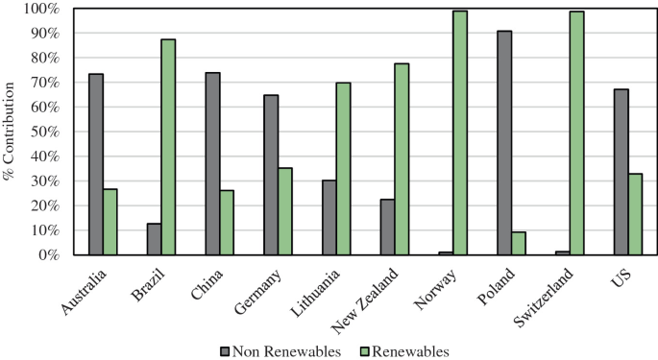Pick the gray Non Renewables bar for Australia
(95, 164)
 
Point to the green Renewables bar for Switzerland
(576, 133)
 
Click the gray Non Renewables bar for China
(212, 163)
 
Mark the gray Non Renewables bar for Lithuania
(329, 217)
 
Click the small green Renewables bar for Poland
(519, 243)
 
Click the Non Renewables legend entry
(280, 351)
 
